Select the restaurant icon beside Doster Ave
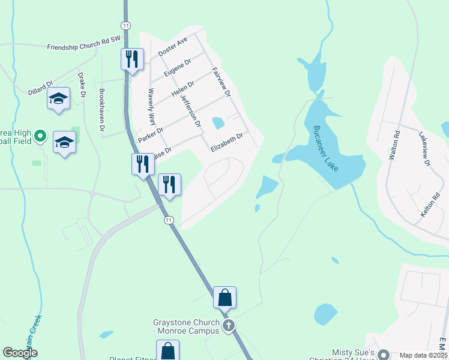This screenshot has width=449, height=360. [131, 59]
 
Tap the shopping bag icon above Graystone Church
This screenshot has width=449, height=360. [224, 297]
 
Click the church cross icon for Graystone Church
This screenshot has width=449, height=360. [228, 326]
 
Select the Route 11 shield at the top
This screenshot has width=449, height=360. [125, 25]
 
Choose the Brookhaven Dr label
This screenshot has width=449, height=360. [102, 110]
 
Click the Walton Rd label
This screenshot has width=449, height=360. [394, 146]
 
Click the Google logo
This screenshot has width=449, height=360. [20, 353]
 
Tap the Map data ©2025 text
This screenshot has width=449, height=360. [423, 355]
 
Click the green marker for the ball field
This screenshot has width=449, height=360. [40, 136]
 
